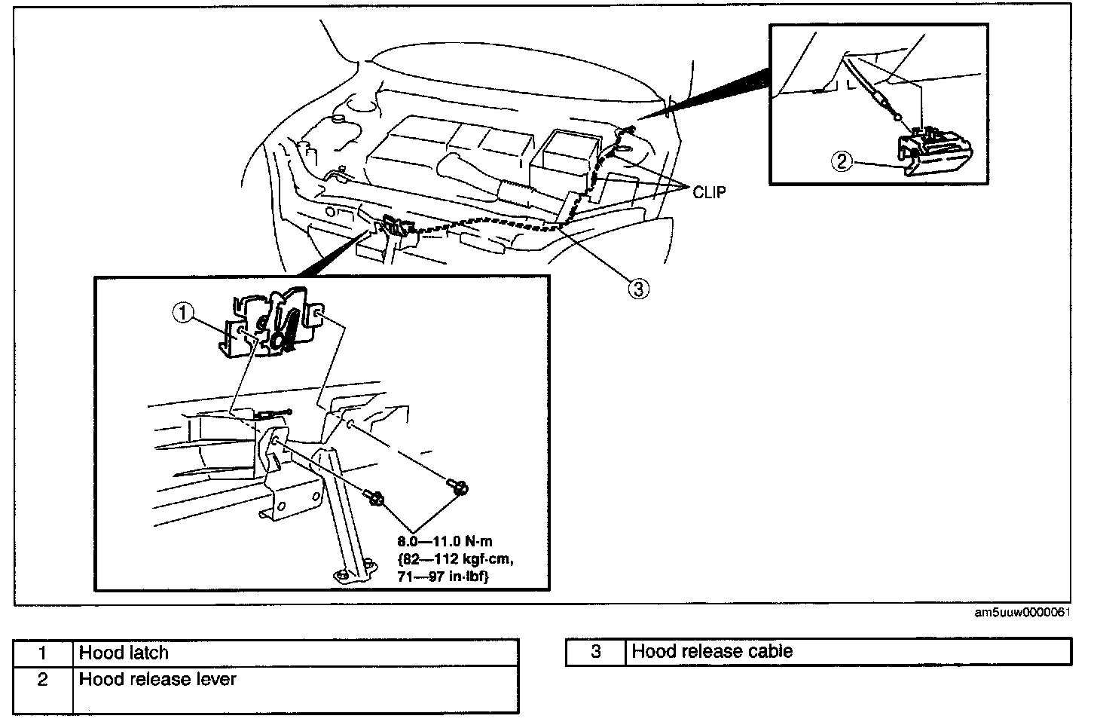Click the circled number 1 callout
(183, 313)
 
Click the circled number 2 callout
(842, 161)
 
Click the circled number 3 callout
(639, 289)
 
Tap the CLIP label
(709, 192)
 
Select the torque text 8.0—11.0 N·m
(445, 541)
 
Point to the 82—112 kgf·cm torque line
(455, 559)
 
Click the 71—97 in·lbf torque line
(443, 577)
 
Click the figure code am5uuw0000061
(1022, 613)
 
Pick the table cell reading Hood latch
(296, 653)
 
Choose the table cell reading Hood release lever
(296, 689)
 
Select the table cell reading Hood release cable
(848, 651)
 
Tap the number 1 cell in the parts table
(43, 653)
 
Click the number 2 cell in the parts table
(43, 689)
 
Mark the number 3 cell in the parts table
(596, 651)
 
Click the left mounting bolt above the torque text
(374, 497)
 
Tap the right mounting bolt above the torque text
(458, 487)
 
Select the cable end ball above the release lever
(897, 117)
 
